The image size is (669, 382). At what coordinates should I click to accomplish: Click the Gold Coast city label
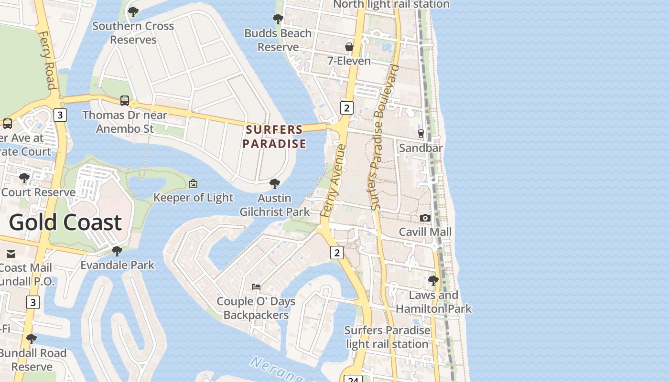[65, 223]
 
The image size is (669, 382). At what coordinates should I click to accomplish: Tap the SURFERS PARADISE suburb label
[274, 137]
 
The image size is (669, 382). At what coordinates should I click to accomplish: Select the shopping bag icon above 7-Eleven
[349, 47]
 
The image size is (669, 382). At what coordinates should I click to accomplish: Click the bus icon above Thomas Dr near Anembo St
[125, 101]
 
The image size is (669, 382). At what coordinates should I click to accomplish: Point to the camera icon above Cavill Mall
[425, 218]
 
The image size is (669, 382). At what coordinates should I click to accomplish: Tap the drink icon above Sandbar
[421, 134]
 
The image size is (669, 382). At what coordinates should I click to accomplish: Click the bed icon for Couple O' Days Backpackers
[256, 287]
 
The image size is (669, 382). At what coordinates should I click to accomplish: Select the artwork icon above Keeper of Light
[193, 183]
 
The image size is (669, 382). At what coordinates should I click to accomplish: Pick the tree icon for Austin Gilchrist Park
[275, 184]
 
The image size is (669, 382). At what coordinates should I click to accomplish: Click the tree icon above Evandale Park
[117, 251]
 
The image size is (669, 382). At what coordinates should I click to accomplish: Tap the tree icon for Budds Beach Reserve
[278, 19]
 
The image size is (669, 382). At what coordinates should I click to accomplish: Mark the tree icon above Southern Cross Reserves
[133, 11]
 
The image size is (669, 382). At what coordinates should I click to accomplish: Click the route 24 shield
[353, 379]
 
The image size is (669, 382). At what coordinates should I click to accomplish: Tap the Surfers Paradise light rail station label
[387, 337]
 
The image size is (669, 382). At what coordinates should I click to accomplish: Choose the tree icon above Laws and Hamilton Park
[433, 280]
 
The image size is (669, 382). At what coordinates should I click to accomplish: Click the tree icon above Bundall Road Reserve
[32, 339]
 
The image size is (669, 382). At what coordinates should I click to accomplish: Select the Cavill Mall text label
[425, 232]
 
